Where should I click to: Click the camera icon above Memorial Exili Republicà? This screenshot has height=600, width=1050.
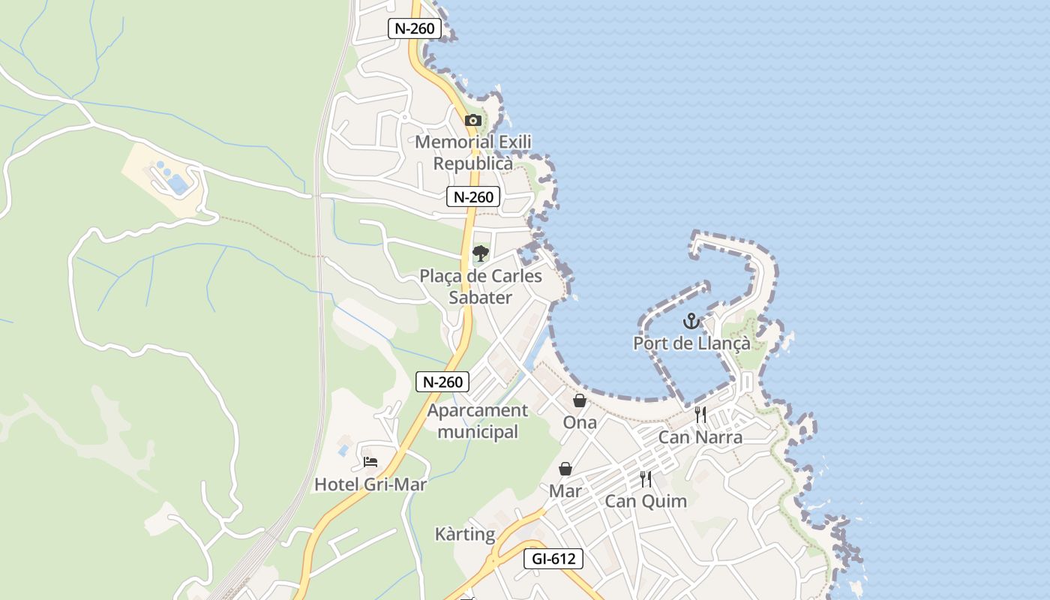[x=472, y=120]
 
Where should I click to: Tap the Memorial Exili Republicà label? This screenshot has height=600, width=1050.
[x=473, y=152]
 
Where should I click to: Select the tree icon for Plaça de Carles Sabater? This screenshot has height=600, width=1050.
[x=481, y=253]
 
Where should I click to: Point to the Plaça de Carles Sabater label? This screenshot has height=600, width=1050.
[x=481, y=286]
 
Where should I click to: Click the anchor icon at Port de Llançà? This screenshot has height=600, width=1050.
[x=691, y=322]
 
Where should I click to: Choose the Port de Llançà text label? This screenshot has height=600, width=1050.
[x=691, y=343]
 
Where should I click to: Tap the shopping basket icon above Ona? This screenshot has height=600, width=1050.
[x=580, y=400]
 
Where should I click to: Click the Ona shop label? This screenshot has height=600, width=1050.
[x=580, y=422]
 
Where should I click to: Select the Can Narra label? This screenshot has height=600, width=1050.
[x=700, y=437]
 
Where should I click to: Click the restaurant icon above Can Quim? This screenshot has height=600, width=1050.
[x=646, y=478]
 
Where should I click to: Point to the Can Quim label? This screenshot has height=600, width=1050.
[x=646, y=501]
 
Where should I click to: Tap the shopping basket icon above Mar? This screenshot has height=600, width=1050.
[x=565, y=469]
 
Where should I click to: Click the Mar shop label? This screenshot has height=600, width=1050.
[x=565, y=491]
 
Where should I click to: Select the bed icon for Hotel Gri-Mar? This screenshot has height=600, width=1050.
[x=370, y=462]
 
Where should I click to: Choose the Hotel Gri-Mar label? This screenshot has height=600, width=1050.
[x=370, y=484]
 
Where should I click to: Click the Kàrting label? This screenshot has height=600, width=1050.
[x=465, y=534]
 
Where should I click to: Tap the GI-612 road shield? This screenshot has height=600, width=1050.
[x=553, y=559]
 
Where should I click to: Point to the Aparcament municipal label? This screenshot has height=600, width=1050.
[x=478, y=421]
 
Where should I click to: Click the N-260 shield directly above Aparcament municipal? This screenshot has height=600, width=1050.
[x=442, y=382]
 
